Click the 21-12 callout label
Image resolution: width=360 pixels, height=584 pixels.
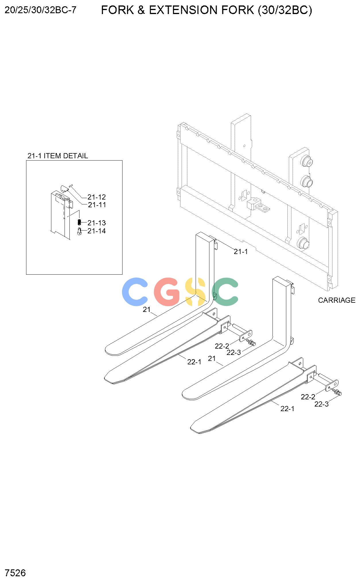(x=97, y=197)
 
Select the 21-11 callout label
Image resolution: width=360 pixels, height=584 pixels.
(x=97, y=205)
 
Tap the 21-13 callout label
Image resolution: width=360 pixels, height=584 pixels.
(x=97, y=223)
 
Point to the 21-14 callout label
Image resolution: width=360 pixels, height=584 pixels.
(x=97, y=231)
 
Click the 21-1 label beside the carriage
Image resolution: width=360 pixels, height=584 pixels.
(x=241, y=251)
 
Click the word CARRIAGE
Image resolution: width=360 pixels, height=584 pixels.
(x=337, y=300)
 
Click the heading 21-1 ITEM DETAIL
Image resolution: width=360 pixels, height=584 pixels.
(x=58, y=156)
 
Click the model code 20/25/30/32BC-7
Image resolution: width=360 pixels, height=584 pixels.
(x=41, y=10)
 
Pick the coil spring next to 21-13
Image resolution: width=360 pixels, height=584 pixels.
(x=80, y=222)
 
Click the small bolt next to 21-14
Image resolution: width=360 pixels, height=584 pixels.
(x=80, y=231)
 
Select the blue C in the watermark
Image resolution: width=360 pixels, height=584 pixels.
(x=136, y=292)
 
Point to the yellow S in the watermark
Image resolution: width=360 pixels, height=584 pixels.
(x=196, y=292)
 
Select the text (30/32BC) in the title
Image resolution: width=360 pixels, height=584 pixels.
(x=285, y=10)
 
